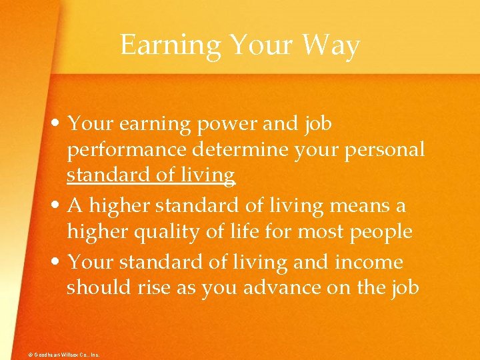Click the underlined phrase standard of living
(151, 175)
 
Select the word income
(377, 261)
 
